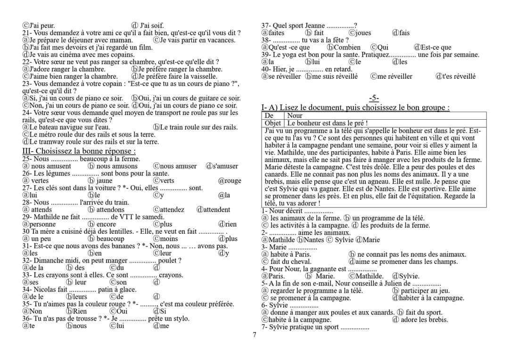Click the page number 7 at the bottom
[254, 335]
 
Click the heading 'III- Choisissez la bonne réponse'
[79, 151]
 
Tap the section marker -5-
[374, 98]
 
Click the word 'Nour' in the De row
[295, 115]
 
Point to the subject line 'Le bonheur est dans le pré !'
[328, 123]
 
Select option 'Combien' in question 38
[347, 47]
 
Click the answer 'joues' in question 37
[363, 33]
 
